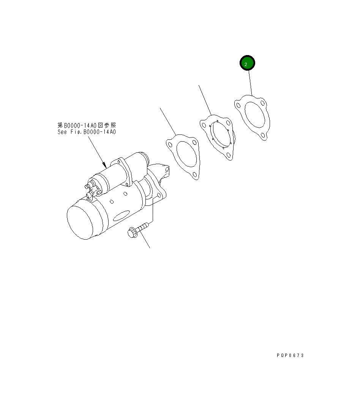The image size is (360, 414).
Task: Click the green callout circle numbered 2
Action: click(x=247, y=63)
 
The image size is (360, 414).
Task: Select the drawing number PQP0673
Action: click(x=291, y=356)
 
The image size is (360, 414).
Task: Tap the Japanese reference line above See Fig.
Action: click(x=87, y=125)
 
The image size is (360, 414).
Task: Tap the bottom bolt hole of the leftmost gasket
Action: click(x=195, y=175)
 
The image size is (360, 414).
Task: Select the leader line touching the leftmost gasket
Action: click(x=167, y=121)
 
